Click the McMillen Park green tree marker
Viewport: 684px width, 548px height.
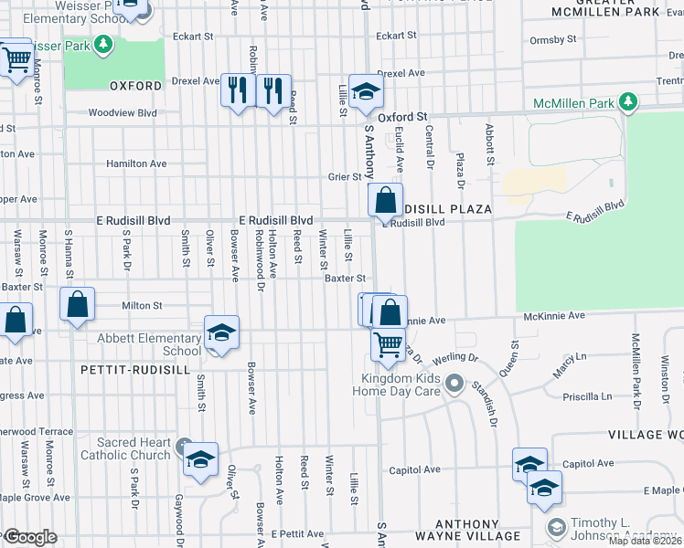coord(627,102)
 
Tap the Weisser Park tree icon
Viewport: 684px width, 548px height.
coord(104,44)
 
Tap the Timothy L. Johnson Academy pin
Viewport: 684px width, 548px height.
coord(556,527)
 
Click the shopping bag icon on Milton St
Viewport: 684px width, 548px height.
coord(78,304)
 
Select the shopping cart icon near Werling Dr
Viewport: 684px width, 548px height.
coord(388,344)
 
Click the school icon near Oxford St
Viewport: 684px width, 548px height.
coord(366,92)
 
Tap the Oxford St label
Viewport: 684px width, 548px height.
coord(404,117)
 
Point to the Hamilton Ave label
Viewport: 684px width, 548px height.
coord(136,163)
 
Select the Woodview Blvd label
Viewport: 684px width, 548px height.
coord(123,114)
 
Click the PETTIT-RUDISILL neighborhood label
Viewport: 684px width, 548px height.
coord(135,370)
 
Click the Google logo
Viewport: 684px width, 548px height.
coord(29,537)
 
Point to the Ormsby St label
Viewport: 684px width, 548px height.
coord(552,39)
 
